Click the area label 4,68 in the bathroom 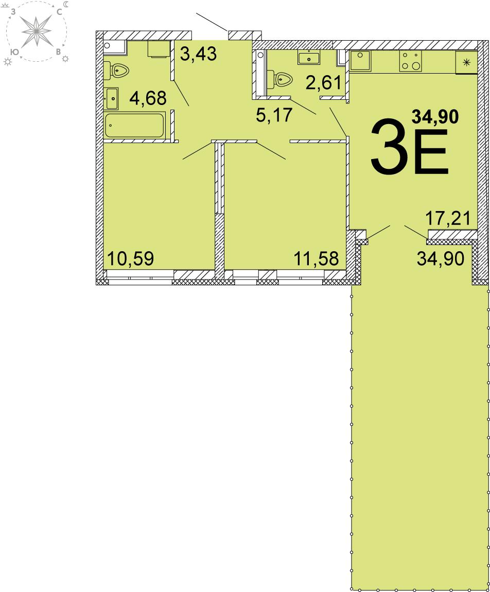(x=148, y=98)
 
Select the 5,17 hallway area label (x=274, y=115)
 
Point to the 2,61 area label (x=324, y=83)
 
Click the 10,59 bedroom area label (x=131, y=258)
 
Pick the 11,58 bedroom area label (x=316, y=258)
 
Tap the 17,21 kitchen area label (x=448, y=218)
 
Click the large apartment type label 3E (x=409, y=147)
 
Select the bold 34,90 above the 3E (x=435, y=116)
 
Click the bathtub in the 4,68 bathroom (x=134, y=125)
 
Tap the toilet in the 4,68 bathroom (x=117, y=70)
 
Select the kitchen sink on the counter (x=360, y=60)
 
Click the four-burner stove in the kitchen (x=411, y=61)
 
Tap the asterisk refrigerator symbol (x=467, y=63)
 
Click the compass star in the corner (x=36, y=31)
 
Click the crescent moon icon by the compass (x=66, y=5)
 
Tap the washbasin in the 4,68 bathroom (x=112, y=98)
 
